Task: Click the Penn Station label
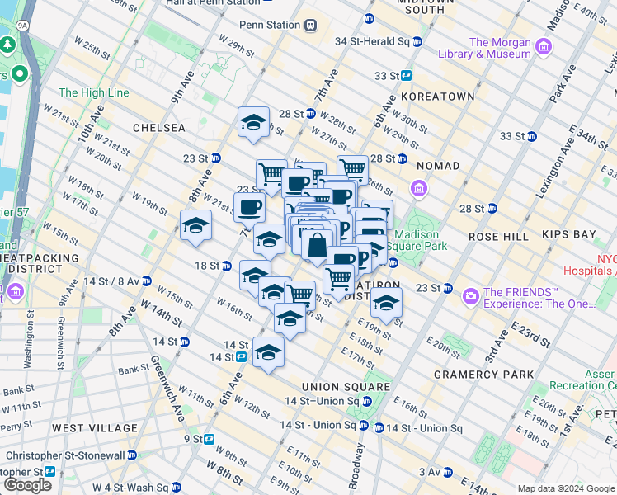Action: click(269, 25)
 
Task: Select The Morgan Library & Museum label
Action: click(500, 49)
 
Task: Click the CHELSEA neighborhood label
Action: click(159, 129)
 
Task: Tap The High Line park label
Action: click(93, 93)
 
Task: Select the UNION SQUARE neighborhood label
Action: click(346, 387)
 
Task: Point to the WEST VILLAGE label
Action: click(95, 428)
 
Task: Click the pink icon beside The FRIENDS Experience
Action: click(470, 295)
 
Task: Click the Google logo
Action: click(27, 485)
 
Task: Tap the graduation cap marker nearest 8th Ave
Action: click(196, 225)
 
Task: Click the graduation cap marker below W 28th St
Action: click(253, 122)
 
